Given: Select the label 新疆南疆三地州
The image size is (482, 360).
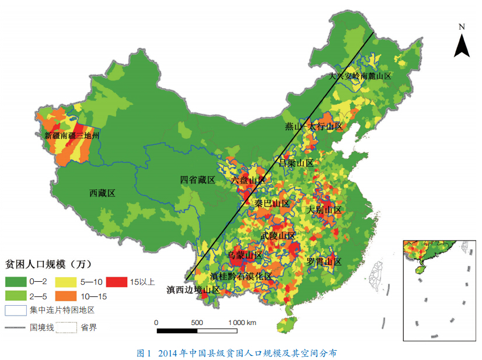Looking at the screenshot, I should click(x=72, y=135).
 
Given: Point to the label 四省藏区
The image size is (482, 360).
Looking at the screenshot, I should click(x=197, y=180).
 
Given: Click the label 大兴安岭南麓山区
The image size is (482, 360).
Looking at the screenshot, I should click(x=359, y=76).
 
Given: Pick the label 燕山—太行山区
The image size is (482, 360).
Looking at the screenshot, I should click(x=313, y=126).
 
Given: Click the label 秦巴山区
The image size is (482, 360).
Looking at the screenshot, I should click(x=272, y=204).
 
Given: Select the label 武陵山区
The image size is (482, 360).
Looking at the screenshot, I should click(x=278, y=235).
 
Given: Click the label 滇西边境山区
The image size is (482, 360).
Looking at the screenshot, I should click(x=193, y=289).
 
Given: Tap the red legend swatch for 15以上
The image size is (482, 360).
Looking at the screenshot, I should click(x=116, y=282).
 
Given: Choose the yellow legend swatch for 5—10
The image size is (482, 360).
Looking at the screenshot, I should click(x=66, y=282).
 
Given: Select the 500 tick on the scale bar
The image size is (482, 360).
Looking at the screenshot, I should click(x=197, y=323).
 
